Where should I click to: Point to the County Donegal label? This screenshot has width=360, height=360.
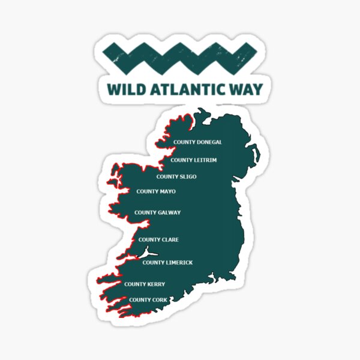tap(197, 142)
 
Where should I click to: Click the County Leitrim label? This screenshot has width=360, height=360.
tap(193, 160)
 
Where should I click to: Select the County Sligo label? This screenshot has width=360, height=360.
tap(176, 176)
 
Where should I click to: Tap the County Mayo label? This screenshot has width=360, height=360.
tap(155, 191)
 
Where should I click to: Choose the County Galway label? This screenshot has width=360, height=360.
tap(157, 212)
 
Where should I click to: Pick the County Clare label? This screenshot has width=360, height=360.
tap(158, 239)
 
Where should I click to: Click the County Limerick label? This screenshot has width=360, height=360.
tap(167, 262)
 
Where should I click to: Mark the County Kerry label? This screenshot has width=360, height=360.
tap(144, 284)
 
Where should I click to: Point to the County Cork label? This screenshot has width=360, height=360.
tap(148, 299)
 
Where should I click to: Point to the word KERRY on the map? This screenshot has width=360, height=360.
tap(155, 284)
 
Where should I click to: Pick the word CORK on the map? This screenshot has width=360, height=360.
tap(159, 299)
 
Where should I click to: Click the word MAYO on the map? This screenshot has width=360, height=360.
tap(167, 191)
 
